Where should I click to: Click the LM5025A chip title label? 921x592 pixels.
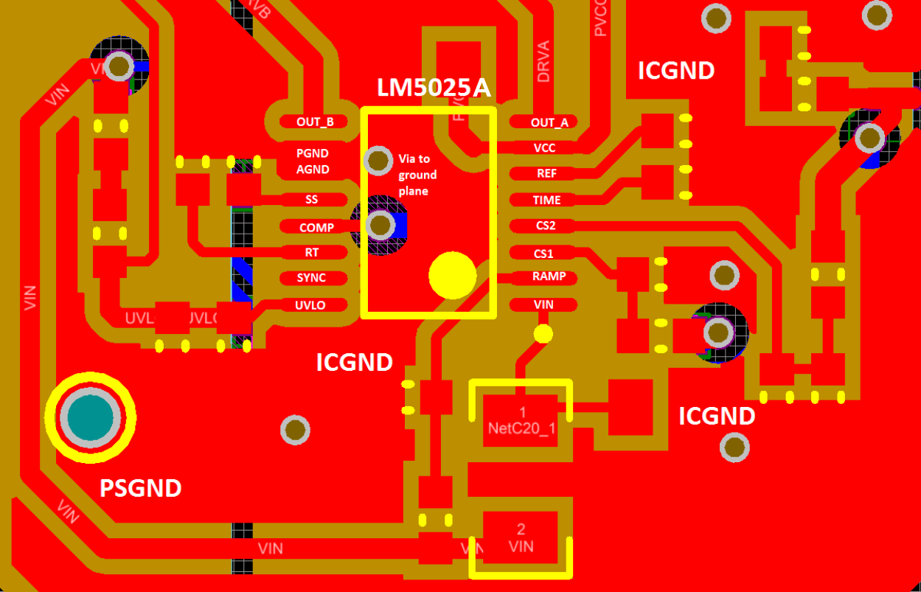click(x=434, y=88)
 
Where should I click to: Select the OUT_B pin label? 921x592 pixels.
click(x=315, y=122)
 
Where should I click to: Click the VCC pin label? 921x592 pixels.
click(x=545, y=148)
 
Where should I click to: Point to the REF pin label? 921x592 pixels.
click(x=546, y=174)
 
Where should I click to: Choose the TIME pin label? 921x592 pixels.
click(x=546, y=200)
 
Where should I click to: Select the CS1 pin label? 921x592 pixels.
click(x=543, y=253)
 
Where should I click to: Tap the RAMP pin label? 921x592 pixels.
click(x=549, y=276)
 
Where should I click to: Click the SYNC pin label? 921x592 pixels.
click(x=311, y=278)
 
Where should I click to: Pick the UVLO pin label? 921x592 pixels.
click(x=310, y=304)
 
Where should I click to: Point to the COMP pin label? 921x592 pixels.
click(x=316, y=228)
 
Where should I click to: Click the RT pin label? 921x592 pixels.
click(x=312, y=252)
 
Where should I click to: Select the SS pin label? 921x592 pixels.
click(x=311, y=199)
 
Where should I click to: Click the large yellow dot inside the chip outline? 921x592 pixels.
click(x=452, y=276)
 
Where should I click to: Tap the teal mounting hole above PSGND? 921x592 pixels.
click(x=91, y=417)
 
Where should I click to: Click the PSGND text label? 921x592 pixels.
click(x=140, y=488)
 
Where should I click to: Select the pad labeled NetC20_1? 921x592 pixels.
click(x=522, y=420)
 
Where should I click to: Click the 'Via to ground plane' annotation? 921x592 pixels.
click(x=417, y=175)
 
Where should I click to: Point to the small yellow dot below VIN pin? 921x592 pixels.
click(x=543, y=334)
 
